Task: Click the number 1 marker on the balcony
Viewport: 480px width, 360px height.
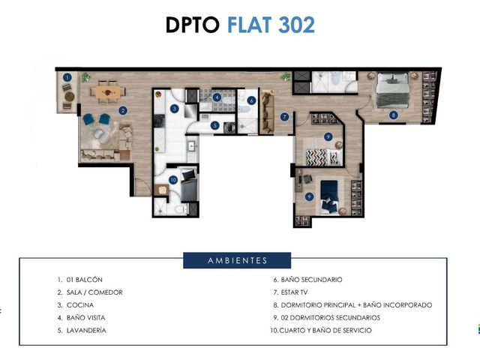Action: click(67, 77)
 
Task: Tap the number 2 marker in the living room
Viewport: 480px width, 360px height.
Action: click(123, 110)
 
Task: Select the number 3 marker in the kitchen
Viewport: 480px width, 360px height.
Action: click(175, 108)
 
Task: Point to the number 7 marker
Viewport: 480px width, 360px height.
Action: click(285, 117)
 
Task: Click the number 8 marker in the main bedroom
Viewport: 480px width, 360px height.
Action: click(394, 115)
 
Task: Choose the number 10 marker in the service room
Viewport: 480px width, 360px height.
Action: click(173, 180)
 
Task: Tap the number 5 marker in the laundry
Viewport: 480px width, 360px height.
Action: click(215, 125)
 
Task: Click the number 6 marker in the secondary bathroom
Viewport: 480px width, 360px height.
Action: click(251, 100)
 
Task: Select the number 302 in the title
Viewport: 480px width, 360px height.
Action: click(297, 25)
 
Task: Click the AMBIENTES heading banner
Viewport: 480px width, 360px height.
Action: click(237, 260)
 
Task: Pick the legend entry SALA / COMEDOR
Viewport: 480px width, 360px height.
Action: click(94, 292)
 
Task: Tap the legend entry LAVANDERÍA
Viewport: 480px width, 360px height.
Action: click(86, 330)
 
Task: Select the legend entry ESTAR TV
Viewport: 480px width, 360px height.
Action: click(294, 292)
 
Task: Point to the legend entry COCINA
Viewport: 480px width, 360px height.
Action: click(80, 305)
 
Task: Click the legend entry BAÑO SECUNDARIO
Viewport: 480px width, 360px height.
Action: click(312, 280)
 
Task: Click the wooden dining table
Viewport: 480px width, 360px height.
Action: click(108, 91)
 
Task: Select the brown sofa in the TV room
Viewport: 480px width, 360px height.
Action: click(267, 112)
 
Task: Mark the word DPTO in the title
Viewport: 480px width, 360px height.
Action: click(193, 25)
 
